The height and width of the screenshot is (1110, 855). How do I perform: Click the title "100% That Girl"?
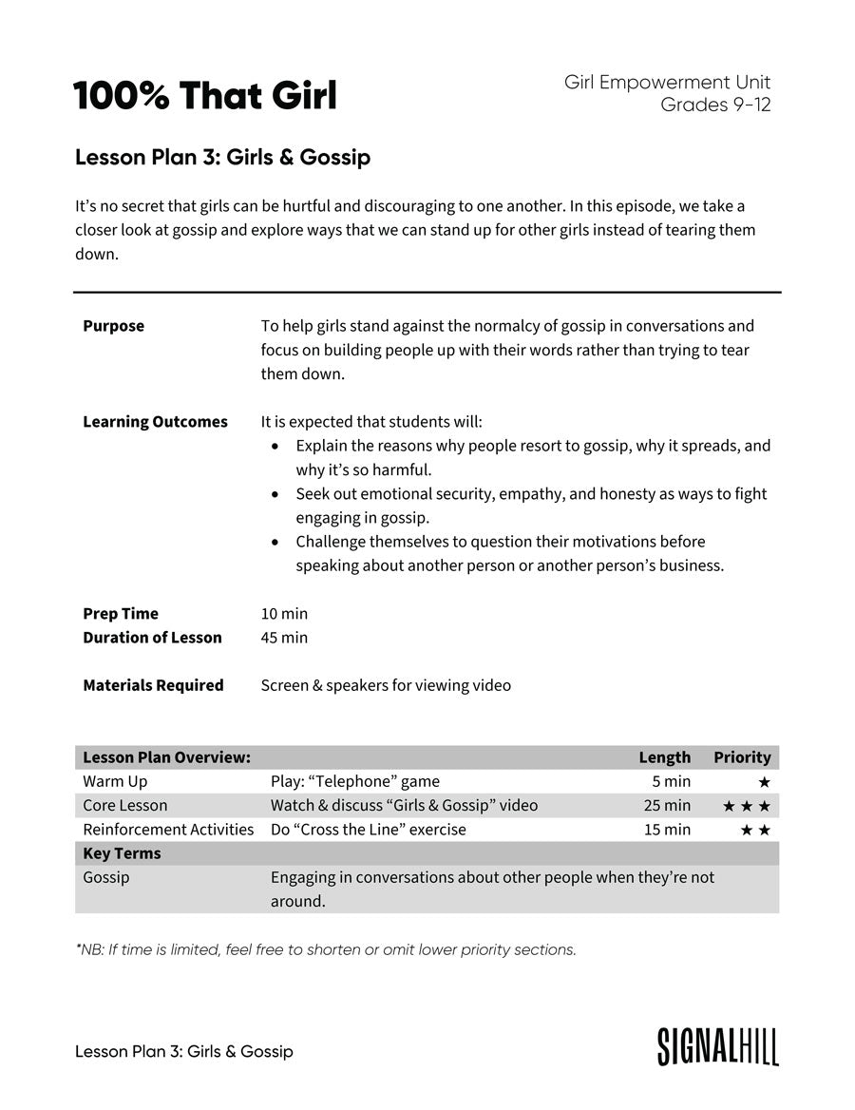[205, 96]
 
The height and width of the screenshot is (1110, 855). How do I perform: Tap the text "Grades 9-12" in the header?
[715, 105]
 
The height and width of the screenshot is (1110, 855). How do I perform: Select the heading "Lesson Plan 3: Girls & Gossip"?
[222, 158]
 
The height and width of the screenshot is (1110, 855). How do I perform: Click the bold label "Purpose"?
[113, 326]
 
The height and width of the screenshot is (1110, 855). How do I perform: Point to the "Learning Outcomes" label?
[155, 422]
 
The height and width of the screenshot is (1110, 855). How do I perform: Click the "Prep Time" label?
[121, 614]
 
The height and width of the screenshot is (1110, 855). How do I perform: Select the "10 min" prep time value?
[284, 614]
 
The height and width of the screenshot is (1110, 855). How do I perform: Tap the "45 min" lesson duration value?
[284, 638]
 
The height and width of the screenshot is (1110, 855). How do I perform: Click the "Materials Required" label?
[153, 685]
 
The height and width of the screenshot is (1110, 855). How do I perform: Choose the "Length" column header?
[664, 757]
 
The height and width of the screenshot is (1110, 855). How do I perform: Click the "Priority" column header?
[742, 757]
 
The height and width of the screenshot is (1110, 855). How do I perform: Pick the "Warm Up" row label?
[115, 781]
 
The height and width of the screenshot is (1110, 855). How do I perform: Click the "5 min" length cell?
[671, 781]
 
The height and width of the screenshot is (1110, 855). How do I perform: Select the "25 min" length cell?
[666, 806]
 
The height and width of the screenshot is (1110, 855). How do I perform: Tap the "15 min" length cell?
[666, 830]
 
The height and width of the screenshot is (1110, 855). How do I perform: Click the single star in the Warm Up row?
[764, 782]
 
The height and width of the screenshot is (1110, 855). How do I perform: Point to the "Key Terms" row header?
[122, 853]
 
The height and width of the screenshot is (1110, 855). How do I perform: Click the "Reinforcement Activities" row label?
[168, 830]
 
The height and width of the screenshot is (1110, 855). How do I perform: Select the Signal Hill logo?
[717, 1045]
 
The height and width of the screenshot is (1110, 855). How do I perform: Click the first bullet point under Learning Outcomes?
[275, 446]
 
